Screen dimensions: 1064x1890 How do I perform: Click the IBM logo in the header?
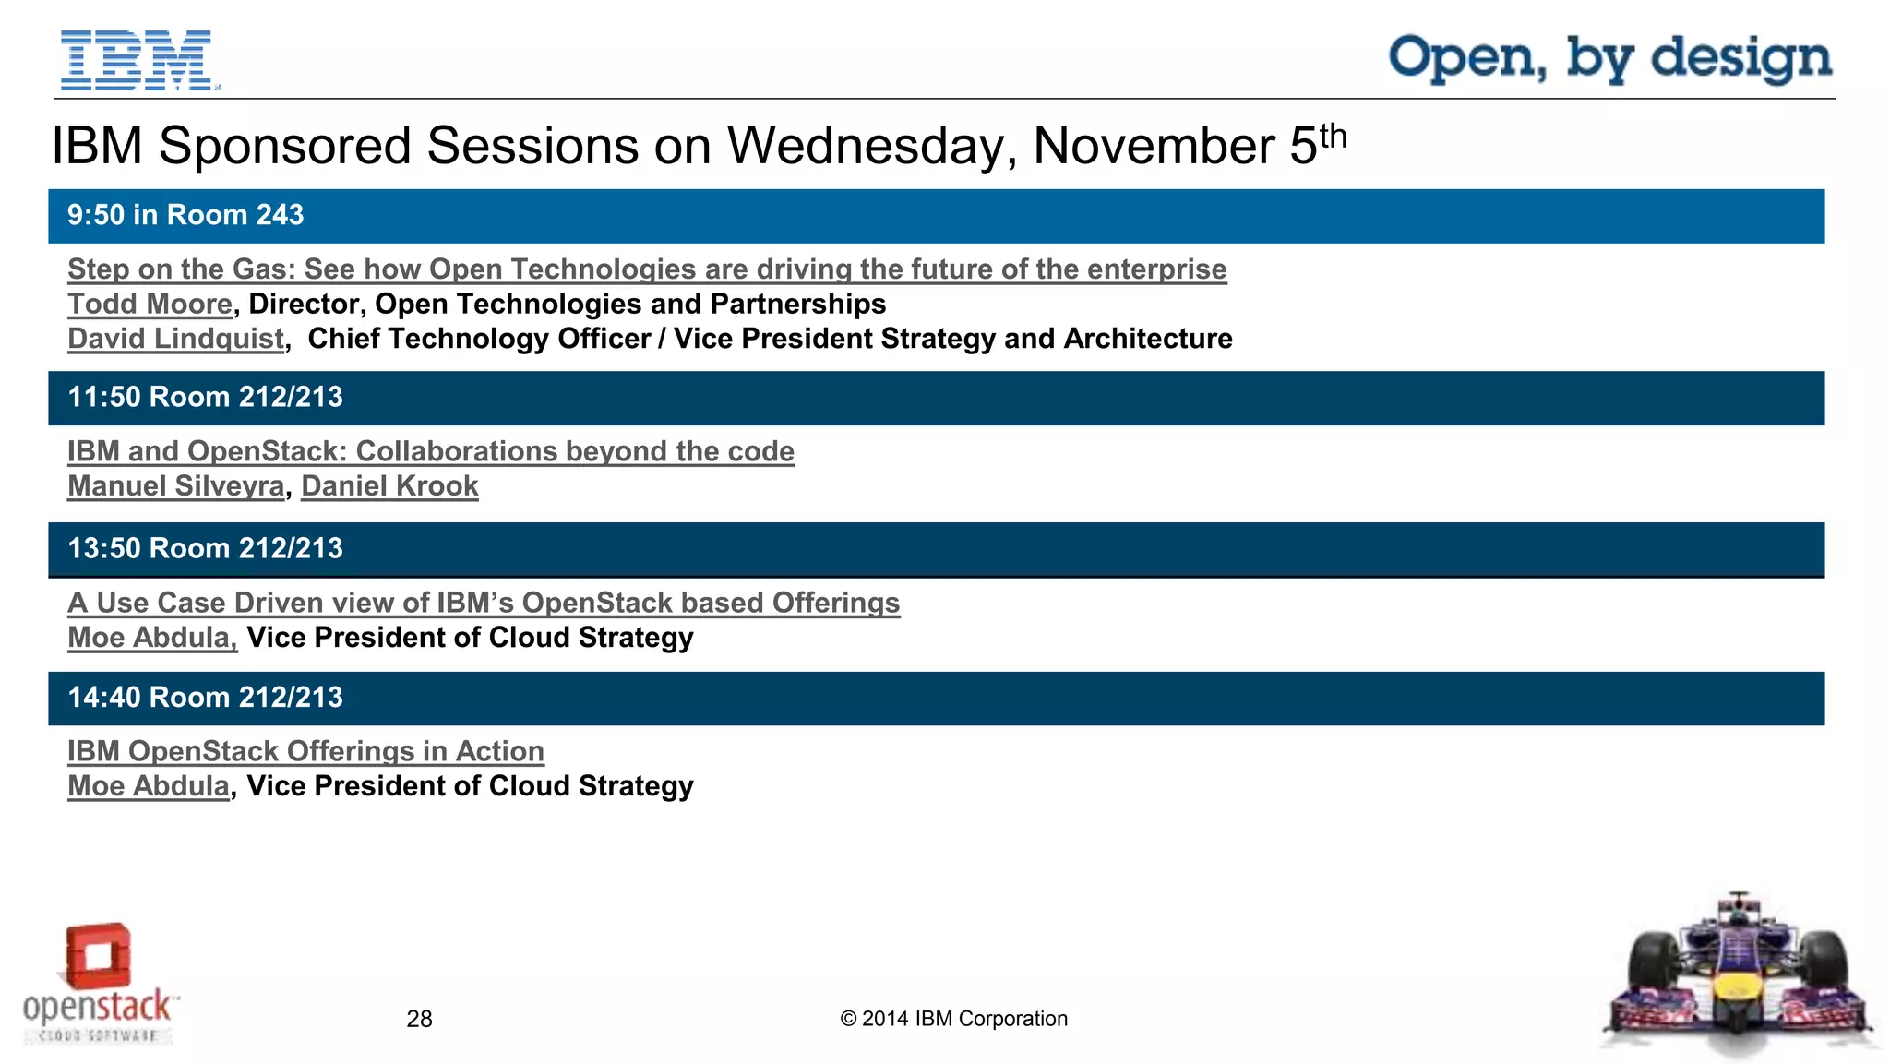137,60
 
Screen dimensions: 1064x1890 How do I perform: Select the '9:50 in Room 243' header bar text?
185,215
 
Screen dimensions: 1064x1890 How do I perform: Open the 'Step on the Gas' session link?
646,269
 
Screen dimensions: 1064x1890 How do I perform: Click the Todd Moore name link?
150,305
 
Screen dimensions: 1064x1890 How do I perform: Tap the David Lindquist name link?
175,339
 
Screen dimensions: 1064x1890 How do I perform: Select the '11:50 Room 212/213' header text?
205,398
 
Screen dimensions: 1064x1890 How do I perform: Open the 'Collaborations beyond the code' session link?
430,451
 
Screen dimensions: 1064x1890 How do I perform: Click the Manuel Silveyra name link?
175,486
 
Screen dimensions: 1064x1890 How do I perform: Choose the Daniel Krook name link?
389,486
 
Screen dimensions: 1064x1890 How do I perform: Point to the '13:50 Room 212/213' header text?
205,549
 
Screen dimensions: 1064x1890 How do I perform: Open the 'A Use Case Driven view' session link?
483,603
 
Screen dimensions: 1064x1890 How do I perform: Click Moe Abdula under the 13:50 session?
151,638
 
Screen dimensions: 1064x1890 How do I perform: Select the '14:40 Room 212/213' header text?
205,698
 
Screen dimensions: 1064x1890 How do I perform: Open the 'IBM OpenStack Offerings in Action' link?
305,751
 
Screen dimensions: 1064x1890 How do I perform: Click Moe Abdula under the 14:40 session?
148,786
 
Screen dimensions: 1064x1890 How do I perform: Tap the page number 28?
419,1019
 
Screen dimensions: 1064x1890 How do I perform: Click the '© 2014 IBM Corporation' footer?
953,1019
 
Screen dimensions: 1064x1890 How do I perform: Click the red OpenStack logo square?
98,955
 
